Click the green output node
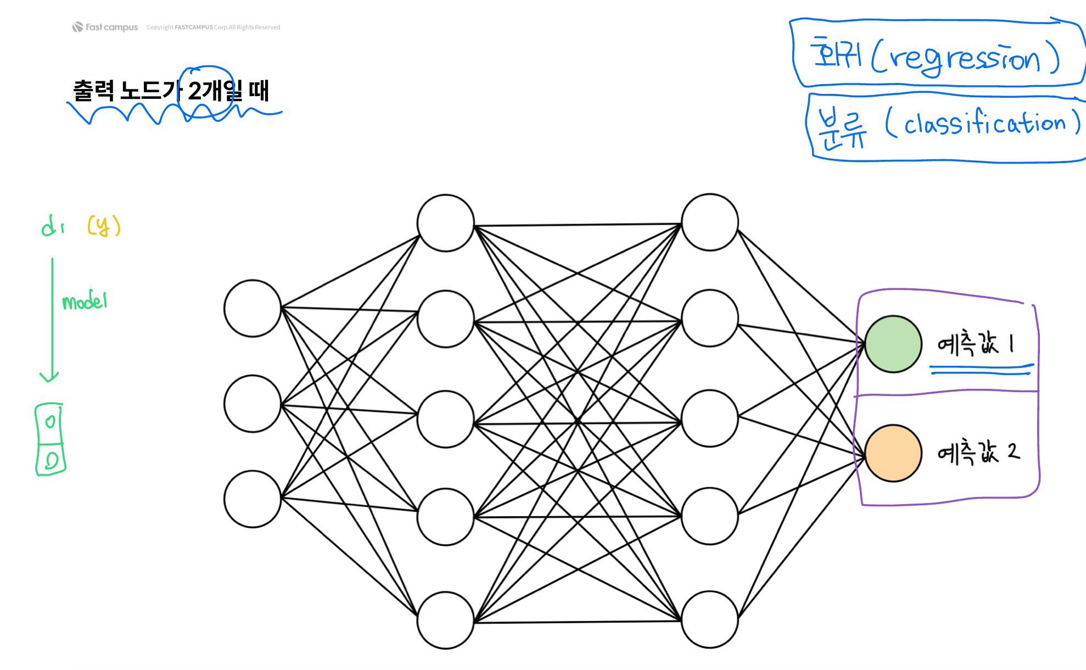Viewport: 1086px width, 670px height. click(893, 344)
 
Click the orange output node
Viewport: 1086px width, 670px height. click(893, 453)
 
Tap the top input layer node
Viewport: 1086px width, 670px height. click(253, 309)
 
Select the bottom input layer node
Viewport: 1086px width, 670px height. click(253, 499)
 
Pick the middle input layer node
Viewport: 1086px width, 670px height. click(253, 404)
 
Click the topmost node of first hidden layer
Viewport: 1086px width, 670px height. click(445, 223)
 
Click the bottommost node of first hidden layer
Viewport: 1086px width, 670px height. click(445, 620)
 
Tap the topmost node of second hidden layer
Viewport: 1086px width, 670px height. click(709, 222)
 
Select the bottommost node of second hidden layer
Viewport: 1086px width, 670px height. click(709, 619)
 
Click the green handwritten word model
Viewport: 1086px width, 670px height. click(85, 301)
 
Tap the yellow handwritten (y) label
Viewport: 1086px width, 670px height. click(104, 226)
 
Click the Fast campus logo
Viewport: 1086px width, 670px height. click(105, 27)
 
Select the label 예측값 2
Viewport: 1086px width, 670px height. click(978, 453)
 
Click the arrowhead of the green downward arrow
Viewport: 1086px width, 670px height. click(49, 377)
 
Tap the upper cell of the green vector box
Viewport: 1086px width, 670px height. click(50, 422)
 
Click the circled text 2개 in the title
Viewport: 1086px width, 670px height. click(205, 91)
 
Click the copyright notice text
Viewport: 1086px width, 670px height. click(213, 27)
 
